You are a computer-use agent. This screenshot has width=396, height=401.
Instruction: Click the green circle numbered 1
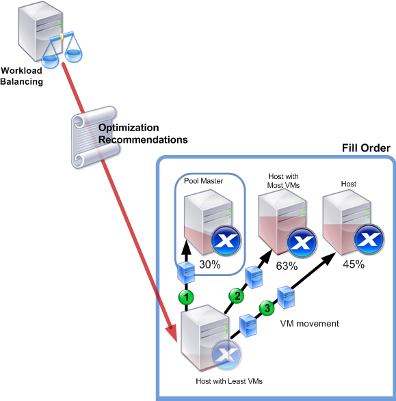coord(186,297)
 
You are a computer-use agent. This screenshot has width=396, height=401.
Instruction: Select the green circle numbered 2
coord(237,296)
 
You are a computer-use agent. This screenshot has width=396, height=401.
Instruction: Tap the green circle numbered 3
coord(267,308)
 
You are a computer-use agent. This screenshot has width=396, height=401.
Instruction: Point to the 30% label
coord(210,264)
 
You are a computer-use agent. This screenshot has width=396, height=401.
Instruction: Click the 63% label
coord(287,266)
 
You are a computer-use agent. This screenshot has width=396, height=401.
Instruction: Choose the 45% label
coord(354,264)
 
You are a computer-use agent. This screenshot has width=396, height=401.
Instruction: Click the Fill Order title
coord(366,148)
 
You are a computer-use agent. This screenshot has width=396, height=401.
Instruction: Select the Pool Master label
coord(204,181)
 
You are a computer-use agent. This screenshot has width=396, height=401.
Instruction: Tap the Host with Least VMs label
coord(229,381)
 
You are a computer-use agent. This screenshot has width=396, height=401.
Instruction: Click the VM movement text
coord(309,324)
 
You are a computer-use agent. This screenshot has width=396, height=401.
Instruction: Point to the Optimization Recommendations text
coord(143,133)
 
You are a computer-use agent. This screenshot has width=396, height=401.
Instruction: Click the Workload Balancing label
coord(21,76)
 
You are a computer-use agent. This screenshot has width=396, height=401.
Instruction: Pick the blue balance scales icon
coord(62,50)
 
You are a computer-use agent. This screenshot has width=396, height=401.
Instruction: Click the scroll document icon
coord(95,137)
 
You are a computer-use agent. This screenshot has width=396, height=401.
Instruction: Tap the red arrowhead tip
coord(176,342)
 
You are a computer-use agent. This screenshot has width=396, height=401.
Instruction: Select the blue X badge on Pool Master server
coord(226,240)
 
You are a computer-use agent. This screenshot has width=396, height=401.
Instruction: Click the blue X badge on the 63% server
coord(302,242)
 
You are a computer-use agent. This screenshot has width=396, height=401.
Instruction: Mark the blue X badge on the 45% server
coord(369,239)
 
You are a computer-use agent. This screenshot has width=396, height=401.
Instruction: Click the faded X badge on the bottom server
coord(226,355)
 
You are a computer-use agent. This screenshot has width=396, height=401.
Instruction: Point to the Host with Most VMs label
coord(283,180)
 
